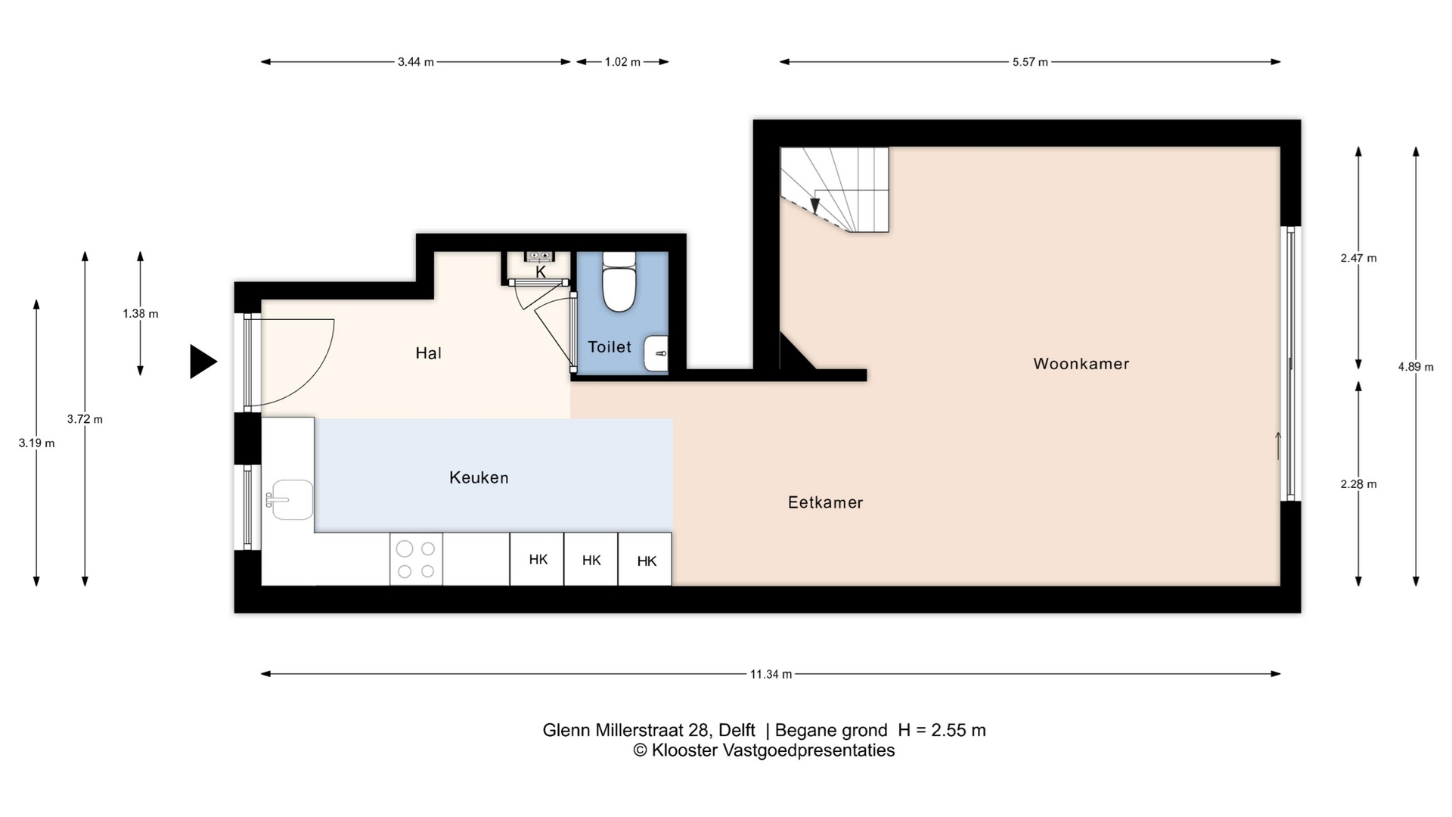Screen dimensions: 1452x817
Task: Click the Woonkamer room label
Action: coord(1081,364)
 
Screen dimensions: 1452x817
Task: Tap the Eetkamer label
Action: coord(825,502)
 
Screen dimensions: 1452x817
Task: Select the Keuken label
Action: coord(479,477)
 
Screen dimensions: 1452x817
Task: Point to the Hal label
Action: coord(428,353)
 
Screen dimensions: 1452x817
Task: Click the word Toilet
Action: coord(610,347)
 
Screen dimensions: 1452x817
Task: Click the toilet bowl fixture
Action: coord(619,281)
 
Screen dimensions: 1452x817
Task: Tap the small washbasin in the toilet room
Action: coord(656,353)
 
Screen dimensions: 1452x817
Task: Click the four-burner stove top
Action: coord(416,559)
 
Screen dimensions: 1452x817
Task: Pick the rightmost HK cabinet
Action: coord(645,559)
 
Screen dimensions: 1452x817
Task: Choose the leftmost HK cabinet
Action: coord(537,559)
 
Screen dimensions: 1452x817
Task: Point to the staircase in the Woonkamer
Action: coord(835,189)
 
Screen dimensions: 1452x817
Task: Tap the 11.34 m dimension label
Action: coord(771,674)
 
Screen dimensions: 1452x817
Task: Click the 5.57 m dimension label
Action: coord(1030,62)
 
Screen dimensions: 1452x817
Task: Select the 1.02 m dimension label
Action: coord(622,62)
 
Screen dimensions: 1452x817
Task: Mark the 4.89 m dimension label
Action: coord(1416,367)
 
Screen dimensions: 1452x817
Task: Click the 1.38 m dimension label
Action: coord(141,314)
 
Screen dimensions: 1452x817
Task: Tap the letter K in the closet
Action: coord(541,272)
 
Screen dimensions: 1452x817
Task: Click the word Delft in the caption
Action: coord(737,730)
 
